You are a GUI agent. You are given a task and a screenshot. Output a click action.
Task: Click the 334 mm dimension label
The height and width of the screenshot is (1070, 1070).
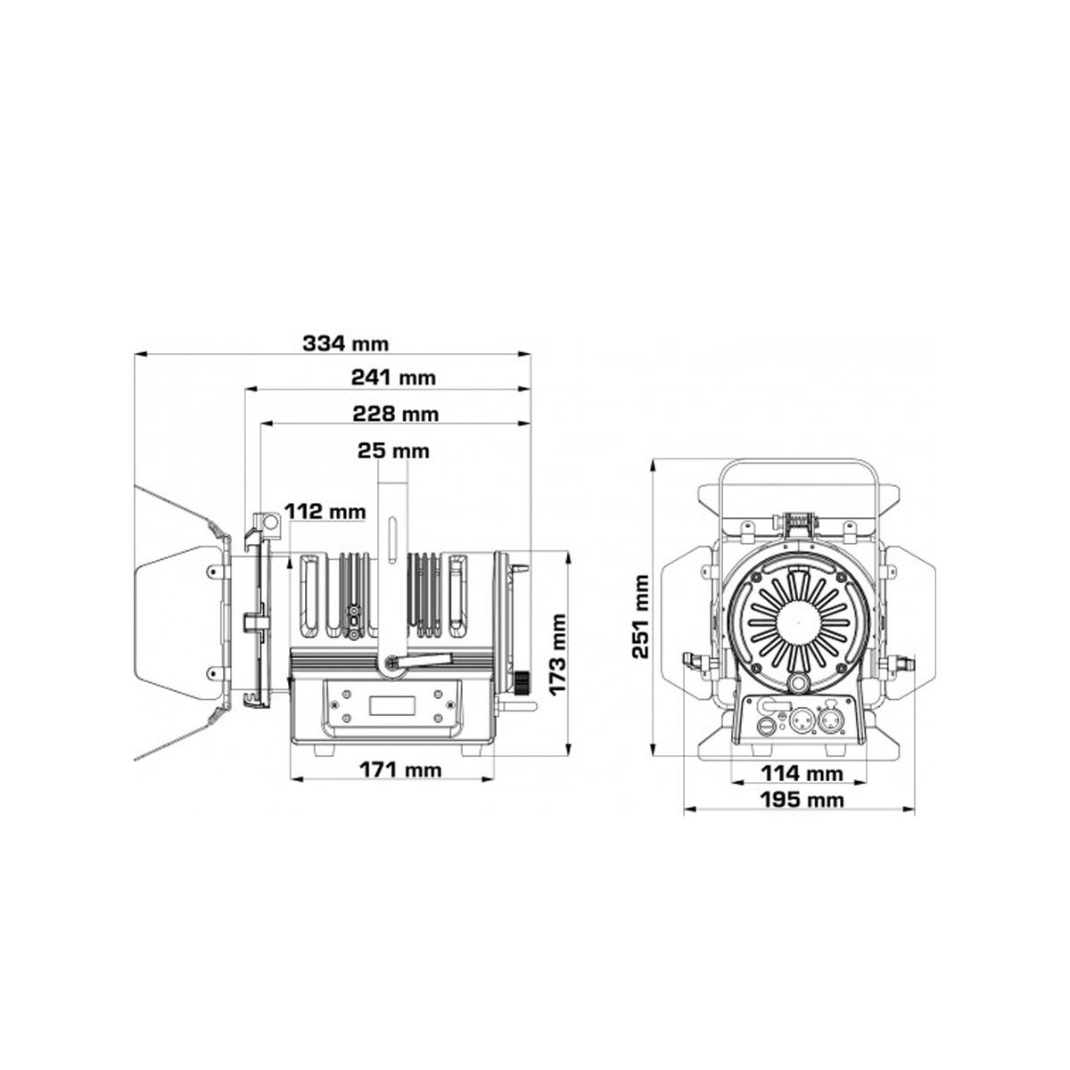345,343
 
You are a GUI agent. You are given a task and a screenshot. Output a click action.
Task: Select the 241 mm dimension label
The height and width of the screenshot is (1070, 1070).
393,377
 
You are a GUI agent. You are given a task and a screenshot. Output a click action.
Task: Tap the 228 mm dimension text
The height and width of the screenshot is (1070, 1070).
395,414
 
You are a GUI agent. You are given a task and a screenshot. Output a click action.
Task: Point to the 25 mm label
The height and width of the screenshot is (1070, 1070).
393,450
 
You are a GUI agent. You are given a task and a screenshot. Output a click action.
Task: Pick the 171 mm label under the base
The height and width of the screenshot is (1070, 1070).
400,770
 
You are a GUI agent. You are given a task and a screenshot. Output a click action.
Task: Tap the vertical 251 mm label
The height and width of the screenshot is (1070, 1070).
641,617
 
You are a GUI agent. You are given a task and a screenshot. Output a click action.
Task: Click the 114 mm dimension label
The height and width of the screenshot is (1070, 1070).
802,773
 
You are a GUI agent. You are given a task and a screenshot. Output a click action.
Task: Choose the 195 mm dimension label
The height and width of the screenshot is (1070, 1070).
802,800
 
